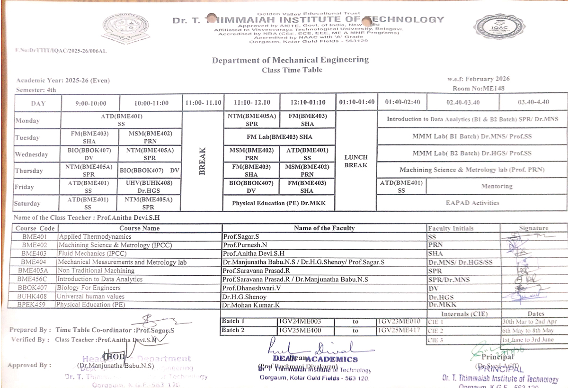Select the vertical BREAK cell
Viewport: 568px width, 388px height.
click(x=202, y=161)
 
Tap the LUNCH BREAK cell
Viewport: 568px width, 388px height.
click(x=356, y=161)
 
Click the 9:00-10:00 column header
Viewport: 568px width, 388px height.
click(x=90, y=103)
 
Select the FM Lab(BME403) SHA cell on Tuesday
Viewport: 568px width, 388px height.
click(x=280, y=137)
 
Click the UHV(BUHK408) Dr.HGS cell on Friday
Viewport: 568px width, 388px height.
click(x=150, y=187)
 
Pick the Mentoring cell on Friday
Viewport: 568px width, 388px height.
click(x=497, y=187)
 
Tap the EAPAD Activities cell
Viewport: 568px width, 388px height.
click(x=472, y=203)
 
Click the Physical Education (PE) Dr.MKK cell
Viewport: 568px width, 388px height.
click(x=280, y=203)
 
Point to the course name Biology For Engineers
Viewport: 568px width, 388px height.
click(x=89, y=288)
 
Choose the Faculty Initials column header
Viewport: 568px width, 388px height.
click(x=450, y=228)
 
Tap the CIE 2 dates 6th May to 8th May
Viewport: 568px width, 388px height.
click(x=528, y=330)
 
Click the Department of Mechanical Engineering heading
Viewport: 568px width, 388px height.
click(x=290, y=60)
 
